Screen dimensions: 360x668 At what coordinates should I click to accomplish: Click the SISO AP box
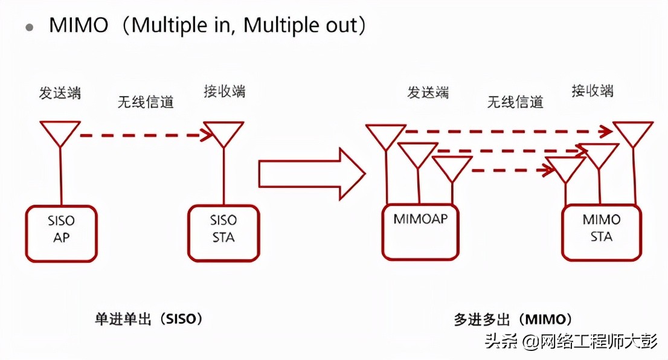coord(61,233)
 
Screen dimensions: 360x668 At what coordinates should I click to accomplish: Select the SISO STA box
coord(223,233)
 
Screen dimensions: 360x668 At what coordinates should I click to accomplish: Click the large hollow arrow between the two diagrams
coord(312,174)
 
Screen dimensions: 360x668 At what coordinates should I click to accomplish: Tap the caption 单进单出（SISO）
coord(149,319)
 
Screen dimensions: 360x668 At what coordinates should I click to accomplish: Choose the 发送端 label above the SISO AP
coord(60,93)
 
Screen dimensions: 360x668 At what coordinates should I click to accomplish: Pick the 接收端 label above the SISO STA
coord(225,92)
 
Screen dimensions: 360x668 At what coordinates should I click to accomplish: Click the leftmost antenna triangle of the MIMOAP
coord(386,135)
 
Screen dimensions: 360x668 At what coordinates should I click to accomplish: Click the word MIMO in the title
coord(79,25)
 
